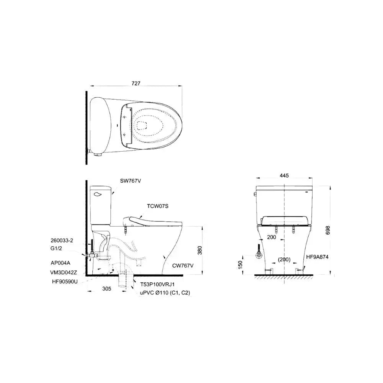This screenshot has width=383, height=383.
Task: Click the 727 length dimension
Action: (136, 83)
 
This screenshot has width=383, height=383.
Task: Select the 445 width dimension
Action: (284, 175)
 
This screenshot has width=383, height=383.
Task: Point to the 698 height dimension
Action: (328, 230)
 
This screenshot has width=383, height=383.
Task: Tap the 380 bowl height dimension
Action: (200, 250)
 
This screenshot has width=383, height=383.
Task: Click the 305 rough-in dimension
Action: (106, 288)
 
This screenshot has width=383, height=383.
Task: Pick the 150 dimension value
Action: (240, 264)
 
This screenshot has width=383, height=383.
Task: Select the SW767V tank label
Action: (131, 181)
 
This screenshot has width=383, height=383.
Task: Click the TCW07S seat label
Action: (157, 206)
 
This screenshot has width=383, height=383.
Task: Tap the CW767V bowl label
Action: (183, 265)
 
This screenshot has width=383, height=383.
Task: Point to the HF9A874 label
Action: (317, 257)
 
